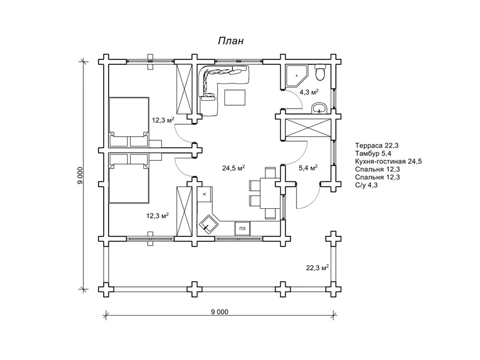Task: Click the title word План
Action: pyautogui.click(x=231, y=41)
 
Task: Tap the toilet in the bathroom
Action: pyautogui.click(x=320, y=73)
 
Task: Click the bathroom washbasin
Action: pyautogui.click(x=319, y=109)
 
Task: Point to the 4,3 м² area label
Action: pyautogui.click(x=310, y=92)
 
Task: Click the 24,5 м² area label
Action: pyautogui.click(x=233, y=168)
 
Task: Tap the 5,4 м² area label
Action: pyautogui.click(x=308, y=168)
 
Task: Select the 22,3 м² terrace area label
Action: pyautogui.click(x=317, y=268)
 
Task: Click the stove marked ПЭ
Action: pyautogui.click(x=242, y=229)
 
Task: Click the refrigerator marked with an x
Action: pyautogui.click(x=205, y=194)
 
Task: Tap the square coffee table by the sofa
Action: pyautogui.click(x=235, y=97)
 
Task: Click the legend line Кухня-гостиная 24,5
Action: pyautogui.click(x=388, y=161)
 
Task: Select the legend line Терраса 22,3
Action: pyautogui.click(x=377, y=145)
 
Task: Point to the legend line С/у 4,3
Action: pyautogui.click(x=367, y=185)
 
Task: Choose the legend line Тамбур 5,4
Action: pyautogui.click(x=373, y=154)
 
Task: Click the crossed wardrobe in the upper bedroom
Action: pyautogui.click(x=184, y=89)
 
